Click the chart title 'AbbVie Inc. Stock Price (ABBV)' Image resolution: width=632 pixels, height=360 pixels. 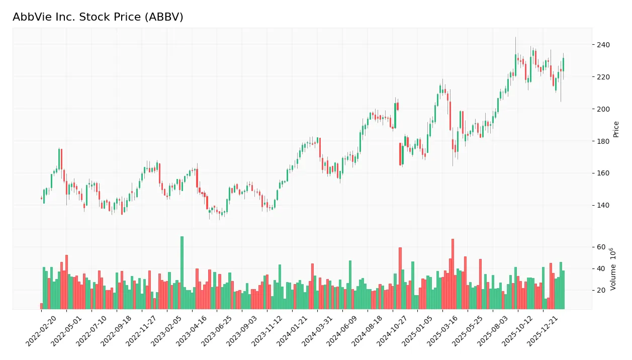pos(98,17)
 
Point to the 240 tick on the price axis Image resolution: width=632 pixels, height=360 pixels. pos(603,45)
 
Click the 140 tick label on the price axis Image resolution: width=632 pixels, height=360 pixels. pos(603,205)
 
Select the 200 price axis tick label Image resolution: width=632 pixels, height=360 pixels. pos(603,109)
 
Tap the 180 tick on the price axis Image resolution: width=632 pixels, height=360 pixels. pos(603,141)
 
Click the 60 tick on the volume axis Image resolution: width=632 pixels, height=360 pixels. pos(601,247)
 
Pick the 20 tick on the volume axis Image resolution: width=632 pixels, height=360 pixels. pos(601,290)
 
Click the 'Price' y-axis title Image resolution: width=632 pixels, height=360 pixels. pos(616,129)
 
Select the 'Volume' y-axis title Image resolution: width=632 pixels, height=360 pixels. pos(613,269)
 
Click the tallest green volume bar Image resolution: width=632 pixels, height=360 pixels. pos(182,273)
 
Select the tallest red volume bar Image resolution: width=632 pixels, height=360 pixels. pos(453,274)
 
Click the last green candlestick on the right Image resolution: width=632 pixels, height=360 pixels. pos(563,64)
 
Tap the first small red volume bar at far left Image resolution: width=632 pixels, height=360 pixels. pos(42,306)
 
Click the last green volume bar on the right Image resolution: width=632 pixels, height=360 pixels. pos(563,290)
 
